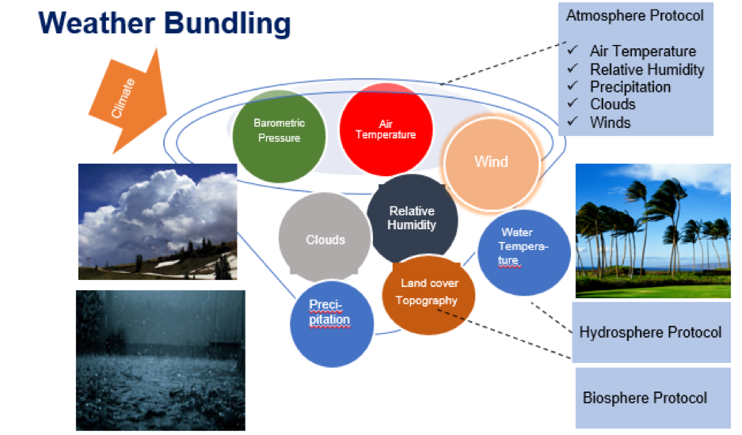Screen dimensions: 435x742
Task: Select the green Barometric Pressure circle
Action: point(278,134)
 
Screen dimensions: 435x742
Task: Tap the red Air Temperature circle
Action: point(386,129)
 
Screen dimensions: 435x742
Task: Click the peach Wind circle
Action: point(491,163)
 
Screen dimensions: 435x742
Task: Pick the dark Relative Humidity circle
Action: point(412,218)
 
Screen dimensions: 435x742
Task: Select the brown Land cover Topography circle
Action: point(428,292)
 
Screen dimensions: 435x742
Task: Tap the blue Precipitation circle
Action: point(331,320)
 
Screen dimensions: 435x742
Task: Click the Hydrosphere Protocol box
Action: point(650,331)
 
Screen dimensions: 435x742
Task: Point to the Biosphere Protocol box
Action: point(645,397)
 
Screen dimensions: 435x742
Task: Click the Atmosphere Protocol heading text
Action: point(634,15)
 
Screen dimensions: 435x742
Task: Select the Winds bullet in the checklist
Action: point(610,122)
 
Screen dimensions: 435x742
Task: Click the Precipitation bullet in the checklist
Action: point(630,87)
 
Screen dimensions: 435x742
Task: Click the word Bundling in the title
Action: point(232,23)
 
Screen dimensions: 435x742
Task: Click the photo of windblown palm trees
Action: point(653,230)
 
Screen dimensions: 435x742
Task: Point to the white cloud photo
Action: point(158,221)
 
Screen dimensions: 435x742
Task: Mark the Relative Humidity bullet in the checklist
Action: point(646,70)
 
